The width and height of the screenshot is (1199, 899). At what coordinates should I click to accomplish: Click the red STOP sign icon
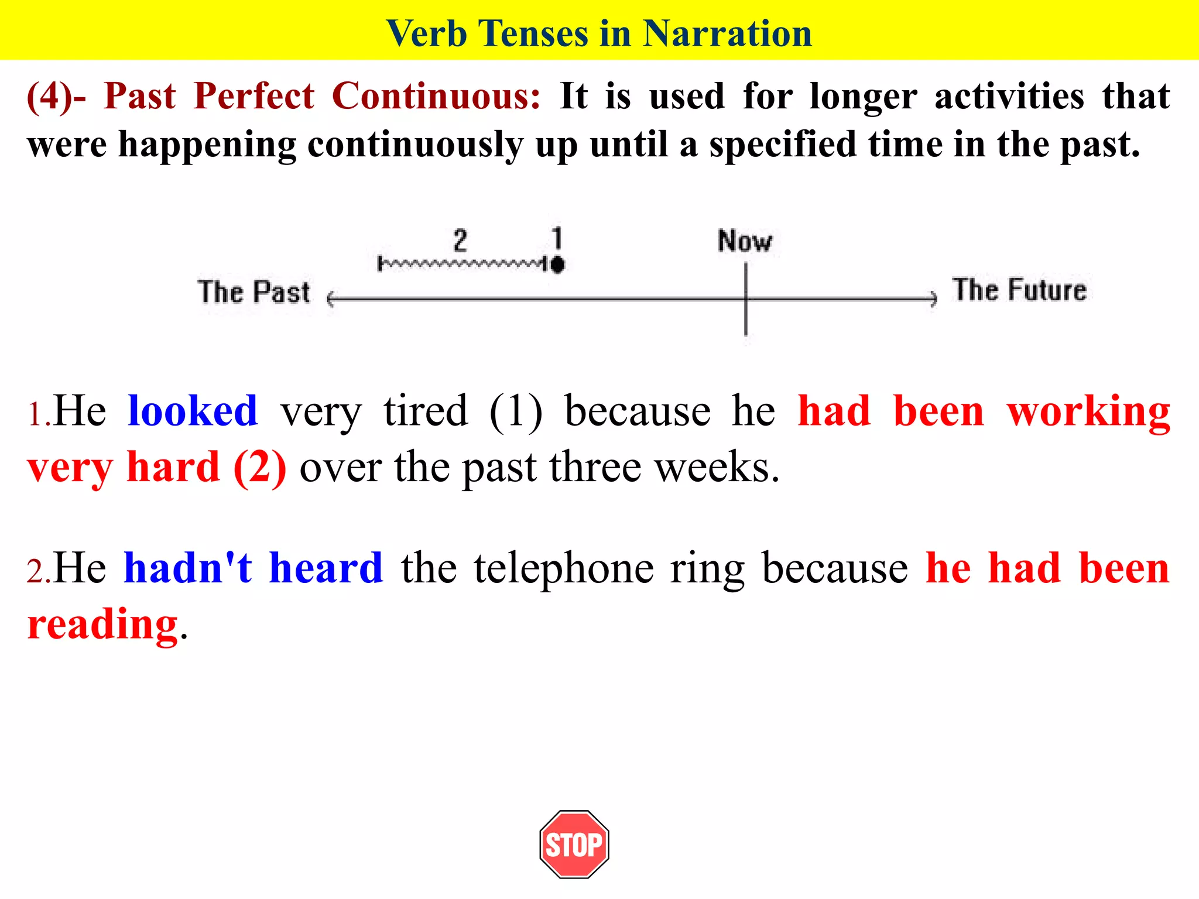click(x=574, y=844)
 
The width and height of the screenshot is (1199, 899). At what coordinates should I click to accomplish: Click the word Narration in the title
click(x=727, y=33)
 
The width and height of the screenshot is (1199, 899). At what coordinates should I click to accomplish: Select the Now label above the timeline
click(x=745, y=241)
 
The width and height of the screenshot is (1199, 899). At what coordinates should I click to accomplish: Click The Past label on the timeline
click(x=253, y=291)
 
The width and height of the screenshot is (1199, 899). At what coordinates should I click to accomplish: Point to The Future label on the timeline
click(x=1019, y=290)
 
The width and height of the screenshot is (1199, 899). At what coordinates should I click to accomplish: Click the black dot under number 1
click(x=557, y=265)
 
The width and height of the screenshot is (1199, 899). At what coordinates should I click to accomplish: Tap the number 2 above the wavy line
click(x=460, y=241)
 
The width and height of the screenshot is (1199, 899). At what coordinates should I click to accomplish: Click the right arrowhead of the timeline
click(x=933, y=299)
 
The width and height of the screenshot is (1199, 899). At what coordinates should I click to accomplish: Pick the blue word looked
click(x=193, y=411)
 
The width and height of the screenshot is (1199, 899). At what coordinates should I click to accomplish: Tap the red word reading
click(x=102, y=624)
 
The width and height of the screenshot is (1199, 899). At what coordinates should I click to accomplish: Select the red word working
click(x=1088, y=411)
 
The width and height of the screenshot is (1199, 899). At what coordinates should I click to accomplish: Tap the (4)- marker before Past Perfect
click(x=56, y=96)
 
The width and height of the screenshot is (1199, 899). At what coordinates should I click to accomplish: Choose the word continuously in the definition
click(x=414, y=145)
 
